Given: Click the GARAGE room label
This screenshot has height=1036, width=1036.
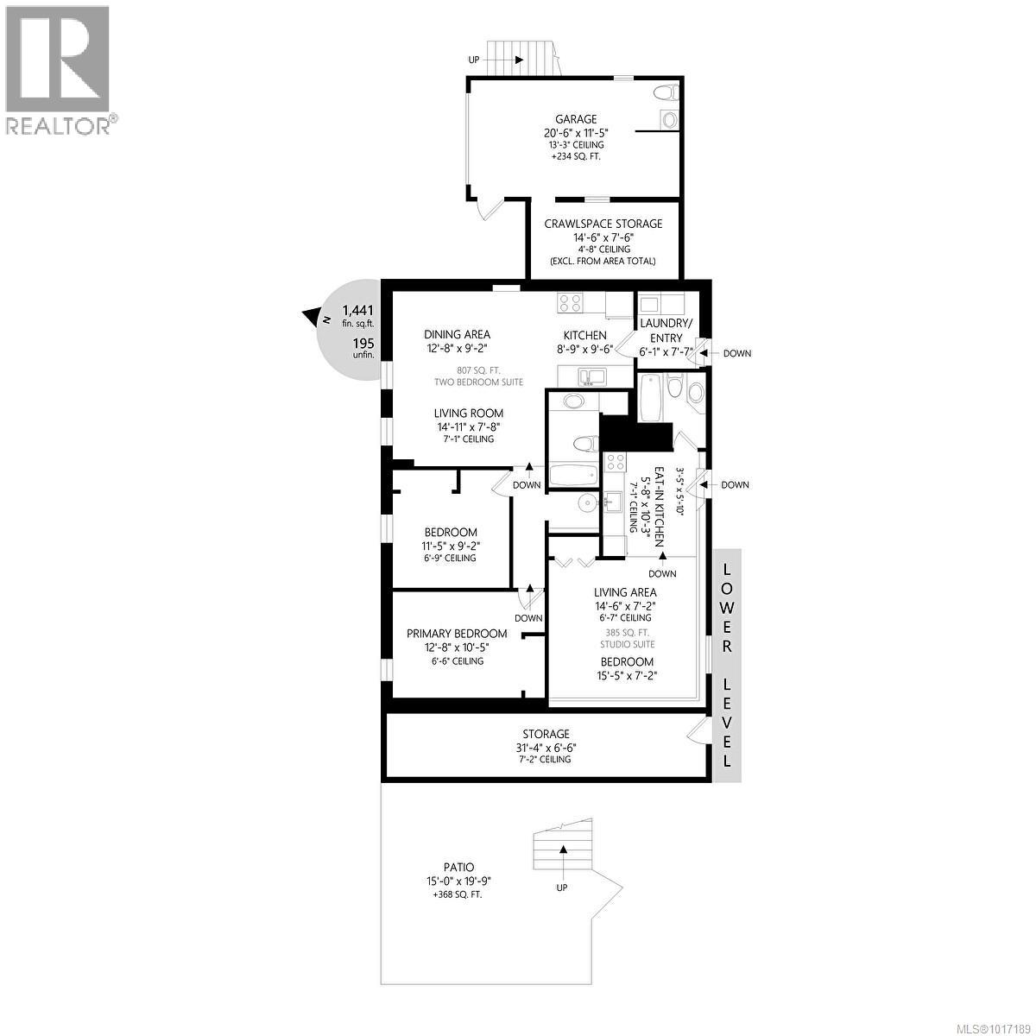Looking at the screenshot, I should pyautogui.click(x=576, y=119).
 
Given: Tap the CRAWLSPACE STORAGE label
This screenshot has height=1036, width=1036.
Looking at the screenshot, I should pyautogui.click(x=603, y=224).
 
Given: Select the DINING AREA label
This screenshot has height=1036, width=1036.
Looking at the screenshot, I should pyautogui.click(x=457, y=334).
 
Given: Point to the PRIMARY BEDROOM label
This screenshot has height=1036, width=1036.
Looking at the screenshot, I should pyautogui.click(x=457, y=633).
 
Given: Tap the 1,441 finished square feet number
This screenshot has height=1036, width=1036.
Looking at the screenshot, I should pyautogui.click(x=358, y=310).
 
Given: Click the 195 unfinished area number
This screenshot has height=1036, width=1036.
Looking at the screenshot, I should pyautogui.click(x=363, y=343).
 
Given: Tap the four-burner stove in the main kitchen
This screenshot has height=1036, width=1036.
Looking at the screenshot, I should pyautogui.click(x=570, y=303).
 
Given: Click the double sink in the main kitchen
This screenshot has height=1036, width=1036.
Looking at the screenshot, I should pyautogui.click(x=592, y=376).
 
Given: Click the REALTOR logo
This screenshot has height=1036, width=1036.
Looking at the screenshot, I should pyautogui.click(x=58, y=69).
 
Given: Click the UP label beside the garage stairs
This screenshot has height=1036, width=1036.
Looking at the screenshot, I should pyautogui.click(x=474, y=60).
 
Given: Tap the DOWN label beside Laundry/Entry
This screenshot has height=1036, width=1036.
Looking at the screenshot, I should pyautogui.click(x=736, y=353).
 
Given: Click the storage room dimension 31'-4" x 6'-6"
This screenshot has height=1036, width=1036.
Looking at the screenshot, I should pyautogui.click(x=546, y=748).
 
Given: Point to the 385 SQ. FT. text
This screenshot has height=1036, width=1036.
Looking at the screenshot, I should pyautogui.click(x=628, y=631).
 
